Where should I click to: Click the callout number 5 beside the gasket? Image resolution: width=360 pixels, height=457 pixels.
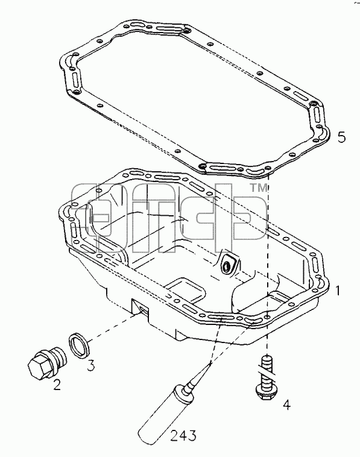point(341,137)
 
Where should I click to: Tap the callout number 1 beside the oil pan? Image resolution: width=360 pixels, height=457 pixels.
point(338,291)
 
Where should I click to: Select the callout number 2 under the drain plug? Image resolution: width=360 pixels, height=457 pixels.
point(57,385)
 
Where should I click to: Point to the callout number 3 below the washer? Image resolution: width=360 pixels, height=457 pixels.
point(90,365)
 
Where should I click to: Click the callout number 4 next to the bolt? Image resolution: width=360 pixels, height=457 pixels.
point(287,405)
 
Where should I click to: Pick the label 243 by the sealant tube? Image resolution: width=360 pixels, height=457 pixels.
point(183,435)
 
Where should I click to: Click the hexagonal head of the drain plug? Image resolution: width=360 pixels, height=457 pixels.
point(38,365)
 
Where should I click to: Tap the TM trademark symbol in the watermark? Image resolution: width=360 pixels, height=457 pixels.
point(258,188)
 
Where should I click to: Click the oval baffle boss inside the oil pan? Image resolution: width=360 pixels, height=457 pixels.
point(227,263)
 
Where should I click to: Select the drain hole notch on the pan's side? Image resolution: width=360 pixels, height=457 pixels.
point(141,309)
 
